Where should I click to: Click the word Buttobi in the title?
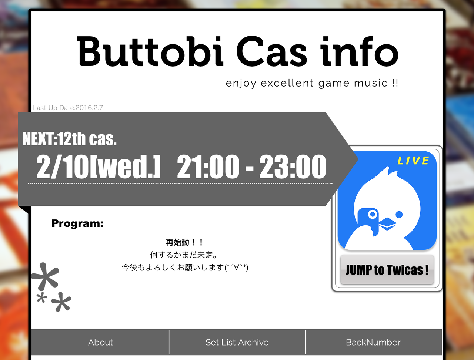point(150,51)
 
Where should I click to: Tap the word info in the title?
point(359,51)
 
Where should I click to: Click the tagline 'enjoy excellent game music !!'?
point(312,83)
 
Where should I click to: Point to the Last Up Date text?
point(69,108)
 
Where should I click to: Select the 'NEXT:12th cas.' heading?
point(69,139)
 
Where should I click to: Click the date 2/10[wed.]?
point(98,167)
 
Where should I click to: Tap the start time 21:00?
point(208,167)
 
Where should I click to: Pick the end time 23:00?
point(293,167)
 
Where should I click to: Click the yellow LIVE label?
point(413,161)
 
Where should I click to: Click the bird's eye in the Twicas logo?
point(399,214)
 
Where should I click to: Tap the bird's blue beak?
point(387,224)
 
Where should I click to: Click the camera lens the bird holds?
point(373,214)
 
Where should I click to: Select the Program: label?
point(77,223)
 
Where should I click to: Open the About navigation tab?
point(100,342)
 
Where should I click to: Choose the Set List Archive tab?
point(237,342)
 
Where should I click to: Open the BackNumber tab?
point(373,342)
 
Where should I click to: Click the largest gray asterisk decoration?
point(45,277)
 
